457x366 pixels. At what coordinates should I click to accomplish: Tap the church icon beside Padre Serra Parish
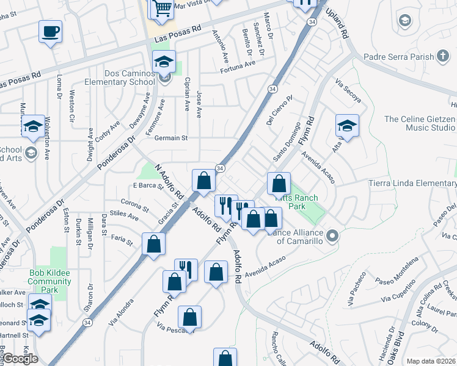pyautogui.click(x=443, y=57)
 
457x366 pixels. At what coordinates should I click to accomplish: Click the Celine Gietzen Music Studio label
pyautogui.click(x=419, y=123)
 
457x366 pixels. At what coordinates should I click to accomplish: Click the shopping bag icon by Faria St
pyautogui.click(x=153, y=243)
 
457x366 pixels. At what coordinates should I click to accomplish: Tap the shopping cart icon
pyautogui.click(x=162, y=8)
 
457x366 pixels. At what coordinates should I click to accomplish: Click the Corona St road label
pyautogui.click(x=134, y=204)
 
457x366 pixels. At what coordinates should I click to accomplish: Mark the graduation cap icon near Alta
pyautogui.click(x=346, y=126)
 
